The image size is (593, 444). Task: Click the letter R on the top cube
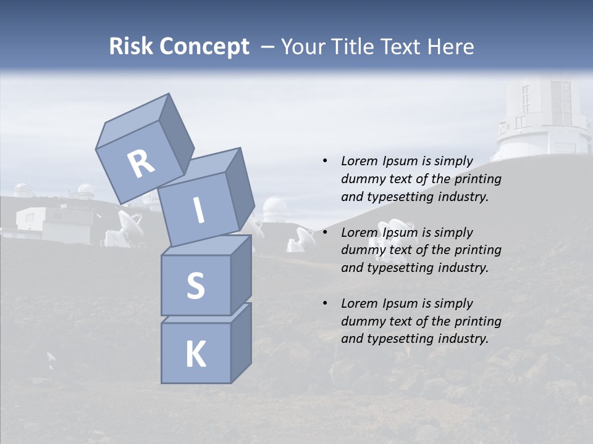[x=141, y=163]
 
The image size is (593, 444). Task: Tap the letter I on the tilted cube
[x=199, y=211]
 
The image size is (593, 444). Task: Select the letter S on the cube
[x=195, y=286]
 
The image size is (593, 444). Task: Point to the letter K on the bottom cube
[x=195, y=355]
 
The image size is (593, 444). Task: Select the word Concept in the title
[x=204, y=47]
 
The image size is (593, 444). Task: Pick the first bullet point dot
[x=325, y=161]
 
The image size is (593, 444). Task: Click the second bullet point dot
[x=325, y=232]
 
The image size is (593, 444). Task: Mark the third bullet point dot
[x=325, y=303]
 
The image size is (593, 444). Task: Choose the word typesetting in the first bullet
[x=402, y=197]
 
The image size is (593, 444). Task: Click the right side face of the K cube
[x=241, y=343]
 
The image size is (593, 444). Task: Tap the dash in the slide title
[x=267, y=47]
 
